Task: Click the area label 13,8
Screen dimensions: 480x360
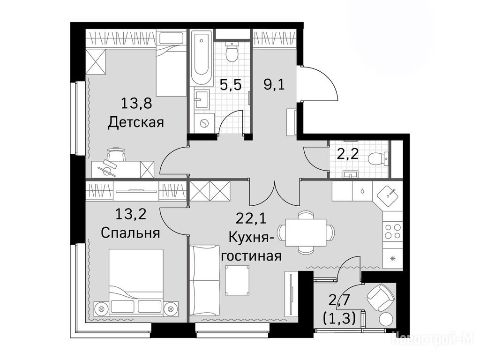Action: click(136, 104)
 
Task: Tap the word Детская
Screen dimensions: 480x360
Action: click(136, 122)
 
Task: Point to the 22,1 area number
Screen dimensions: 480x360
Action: click(251, 218)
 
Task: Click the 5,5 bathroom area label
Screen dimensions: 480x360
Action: click(231, 85)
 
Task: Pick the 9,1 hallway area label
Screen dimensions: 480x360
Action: click(274, 84)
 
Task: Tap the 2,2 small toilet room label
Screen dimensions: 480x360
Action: click(347, 154)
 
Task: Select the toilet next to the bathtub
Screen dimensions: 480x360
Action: click(232, 52)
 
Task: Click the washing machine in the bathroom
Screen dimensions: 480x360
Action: click(203, 123)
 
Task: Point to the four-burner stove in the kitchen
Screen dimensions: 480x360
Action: click(393, 231)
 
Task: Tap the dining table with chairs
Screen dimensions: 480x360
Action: click(306, 232)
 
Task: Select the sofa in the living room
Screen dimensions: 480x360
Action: click(203, 280)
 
